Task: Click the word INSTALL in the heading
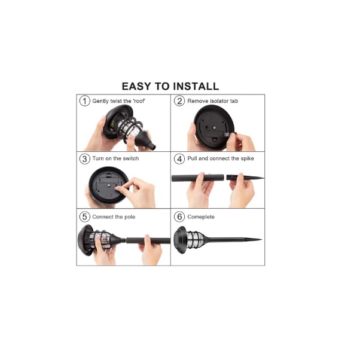(x=196, y=86)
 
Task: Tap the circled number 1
(x=85, y=101)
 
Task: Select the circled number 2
(x=179, y=101)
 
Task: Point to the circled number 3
(x=85, y=158)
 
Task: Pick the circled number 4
(x=179, y=158)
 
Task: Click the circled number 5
(x=85, y=216)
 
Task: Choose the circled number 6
(x=179, y=216)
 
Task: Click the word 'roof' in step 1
(x=139, y=101)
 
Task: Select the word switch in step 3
(x=131, y=158)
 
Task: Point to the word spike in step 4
(x=247, y=158)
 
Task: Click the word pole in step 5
(x=130, y=217)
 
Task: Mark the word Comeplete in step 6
(x=201, y=217)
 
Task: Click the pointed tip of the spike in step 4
(x=264, y=178)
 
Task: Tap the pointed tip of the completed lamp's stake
(x=261, y=239)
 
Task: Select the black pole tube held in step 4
(x=198, y=178)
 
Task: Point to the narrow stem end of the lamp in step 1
(x=151, y=146)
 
